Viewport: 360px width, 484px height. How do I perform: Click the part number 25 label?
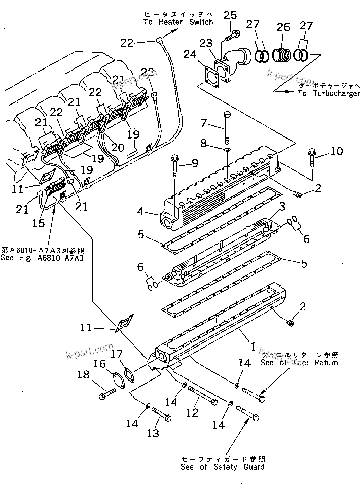click(230, 15)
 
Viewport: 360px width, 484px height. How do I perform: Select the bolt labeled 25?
click(233, 36)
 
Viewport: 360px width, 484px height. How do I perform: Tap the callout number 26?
click(283, 27)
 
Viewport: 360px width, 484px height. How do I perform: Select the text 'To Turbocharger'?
click(329, 93)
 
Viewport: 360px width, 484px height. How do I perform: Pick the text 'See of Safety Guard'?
click(223, 467)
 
